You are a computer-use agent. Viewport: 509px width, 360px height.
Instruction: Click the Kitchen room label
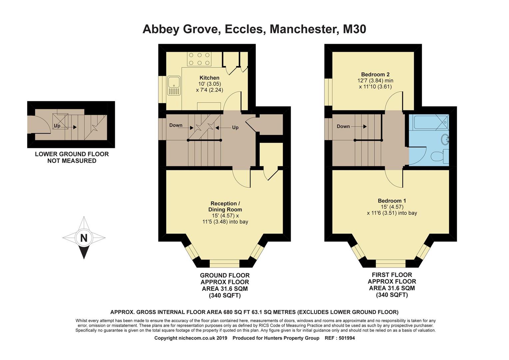(209, 78)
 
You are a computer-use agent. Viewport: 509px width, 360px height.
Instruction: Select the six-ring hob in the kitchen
(199, 59)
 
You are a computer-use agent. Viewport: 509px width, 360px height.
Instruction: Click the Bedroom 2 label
(375, 75)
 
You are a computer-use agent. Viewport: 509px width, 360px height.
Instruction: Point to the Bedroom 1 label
(392, 201)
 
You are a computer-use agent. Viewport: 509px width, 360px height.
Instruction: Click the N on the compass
(84, 238)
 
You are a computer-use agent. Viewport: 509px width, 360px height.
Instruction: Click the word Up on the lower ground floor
(57, 126)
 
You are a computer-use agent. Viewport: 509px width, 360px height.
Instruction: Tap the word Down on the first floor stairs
(343, 126)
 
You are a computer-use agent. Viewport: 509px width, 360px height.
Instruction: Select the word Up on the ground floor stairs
(235, 128)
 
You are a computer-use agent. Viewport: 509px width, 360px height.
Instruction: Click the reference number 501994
(346, 338)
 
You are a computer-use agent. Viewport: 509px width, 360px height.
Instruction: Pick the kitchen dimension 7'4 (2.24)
(210, 90)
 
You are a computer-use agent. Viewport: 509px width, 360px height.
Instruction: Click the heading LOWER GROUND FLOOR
(72, 154)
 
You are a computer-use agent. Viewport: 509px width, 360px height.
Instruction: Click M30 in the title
(354, 29)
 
